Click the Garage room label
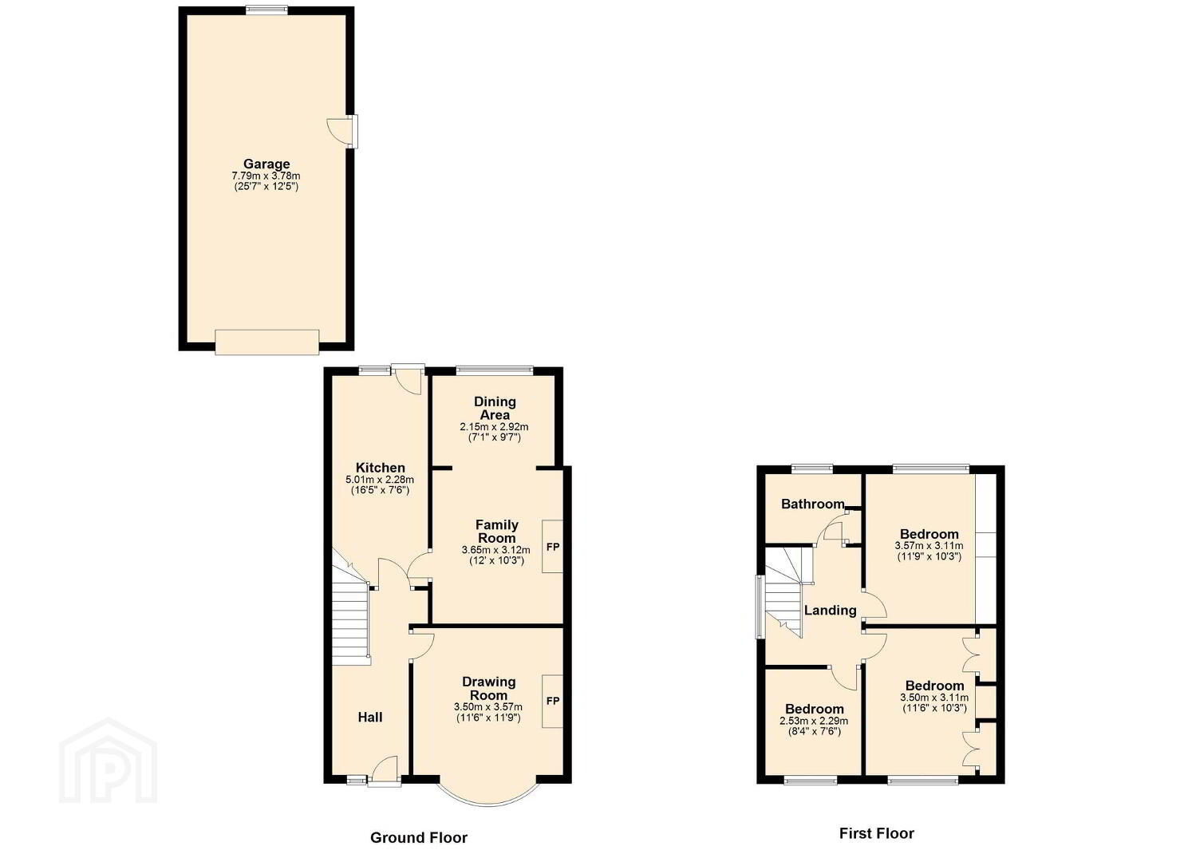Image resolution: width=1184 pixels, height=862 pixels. [266, 164]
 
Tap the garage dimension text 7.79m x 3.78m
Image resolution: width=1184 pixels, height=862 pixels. [266, 176]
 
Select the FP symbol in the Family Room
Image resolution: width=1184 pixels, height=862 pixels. [552, 547]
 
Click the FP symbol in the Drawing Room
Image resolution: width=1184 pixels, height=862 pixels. [552, 701]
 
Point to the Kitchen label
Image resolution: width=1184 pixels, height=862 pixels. [380, 468]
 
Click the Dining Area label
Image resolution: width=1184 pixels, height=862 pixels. [495, 409]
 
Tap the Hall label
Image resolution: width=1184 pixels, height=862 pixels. [370, 717]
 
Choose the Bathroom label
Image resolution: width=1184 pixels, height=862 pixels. [812, 504]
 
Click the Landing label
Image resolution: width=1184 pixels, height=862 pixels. [830, 611]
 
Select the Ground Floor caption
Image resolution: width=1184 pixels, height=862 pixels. [419, 838]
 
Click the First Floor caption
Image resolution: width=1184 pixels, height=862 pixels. [876, 833]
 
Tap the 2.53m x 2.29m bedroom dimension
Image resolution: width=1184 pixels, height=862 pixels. [814, 721]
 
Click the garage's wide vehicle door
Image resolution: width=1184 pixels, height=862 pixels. [267, 342]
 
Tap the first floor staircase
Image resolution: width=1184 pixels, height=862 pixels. [784, 591]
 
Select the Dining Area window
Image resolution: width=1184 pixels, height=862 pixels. [495, 370]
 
